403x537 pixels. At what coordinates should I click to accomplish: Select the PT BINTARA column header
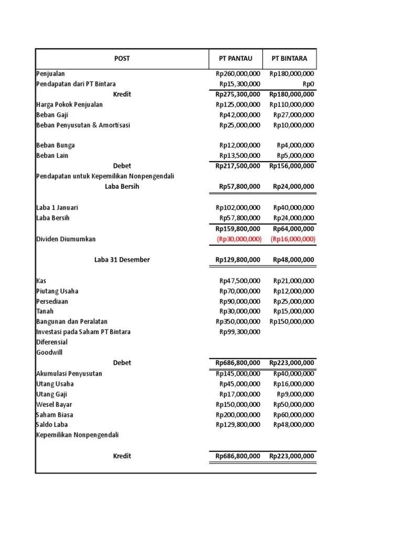tap(289, 58)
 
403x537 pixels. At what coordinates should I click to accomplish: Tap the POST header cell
tap(122, 58)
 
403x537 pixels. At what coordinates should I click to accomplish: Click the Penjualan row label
tap(50, 74)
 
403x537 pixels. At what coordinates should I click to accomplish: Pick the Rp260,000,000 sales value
tap(238, 74)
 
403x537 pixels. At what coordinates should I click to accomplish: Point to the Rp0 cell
tap(308, 84)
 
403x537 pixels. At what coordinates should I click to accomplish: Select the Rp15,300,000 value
tap(240, 84)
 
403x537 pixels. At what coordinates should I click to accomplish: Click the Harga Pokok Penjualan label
tap(69, 104)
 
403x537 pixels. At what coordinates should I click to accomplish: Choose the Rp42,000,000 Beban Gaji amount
tap(240, 115)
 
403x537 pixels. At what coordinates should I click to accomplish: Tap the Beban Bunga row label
tap(55, 145)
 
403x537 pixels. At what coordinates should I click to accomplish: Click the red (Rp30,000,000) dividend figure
tap(239, 239)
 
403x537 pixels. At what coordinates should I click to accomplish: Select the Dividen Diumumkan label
tap(66, 239)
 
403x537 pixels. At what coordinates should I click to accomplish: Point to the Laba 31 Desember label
tap(122, 260)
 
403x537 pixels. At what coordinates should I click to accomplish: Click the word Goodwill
tap(49, 352)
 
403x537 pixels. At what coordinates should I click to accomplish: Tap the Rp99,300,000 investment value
tap(240, 332)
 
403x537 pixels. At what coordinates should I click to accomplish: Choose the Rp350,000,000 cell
tap(238, 321)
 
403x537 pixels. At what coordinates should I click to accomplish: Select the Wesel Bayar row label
tap(54, 404)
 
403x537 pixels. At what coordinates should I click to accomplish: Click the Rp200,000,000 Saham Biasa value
tap(238, 415)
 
